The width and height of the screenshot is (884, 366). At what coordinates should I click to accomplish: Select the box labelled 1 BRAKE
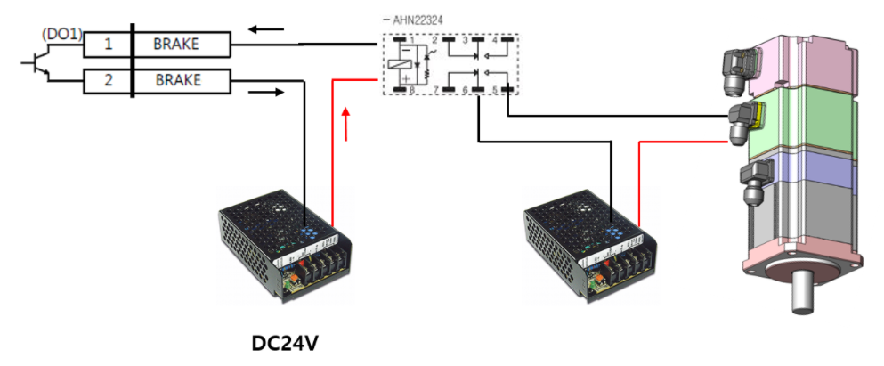point(157,44)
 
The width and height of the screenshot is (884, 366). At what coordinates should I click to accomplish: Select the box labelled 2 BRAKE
point(157,80)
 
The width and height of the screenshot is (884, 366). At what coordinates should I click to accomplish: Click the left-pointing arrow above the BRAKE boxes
point(266,30)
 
